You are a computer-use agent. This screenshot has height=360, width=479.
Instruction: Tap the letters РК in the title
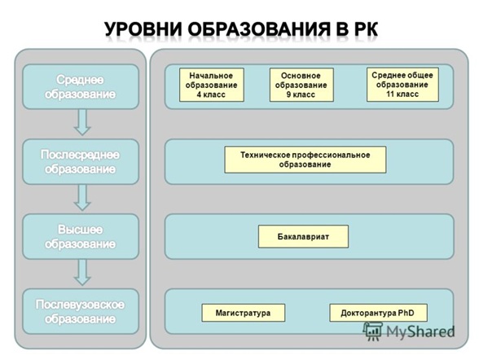pyautogui.click(x=366, y=29)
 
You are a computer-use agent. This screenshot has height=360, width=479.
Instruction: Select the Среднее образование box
pyautogui.click(x=81, y=86)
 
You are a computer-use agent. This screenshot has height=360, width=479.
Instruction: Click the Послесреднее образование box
pyautogui.click(x=81, y=162)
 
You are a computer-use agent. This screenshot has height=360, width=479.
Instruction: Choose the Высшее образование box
pyautogui.click(x=81, y=237)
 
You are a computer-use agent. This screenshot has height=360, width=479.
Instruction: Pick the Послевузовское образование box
pyautogui.click(x=81, y=311)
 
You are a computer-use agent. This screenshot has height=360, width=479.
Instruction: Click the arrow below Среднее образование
pyautogui.click(x=82, y=122)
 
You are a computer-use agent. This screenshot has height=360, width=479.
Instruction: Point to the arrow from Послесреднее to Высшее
pyautogui.click(x=82, y=197)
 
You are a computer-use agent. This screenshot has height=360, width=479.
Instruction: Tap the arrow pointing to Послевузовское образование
pyautogui.click(x=82, y=272)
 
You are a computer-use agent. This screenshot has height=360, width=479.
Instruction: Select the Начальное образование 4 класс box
pyautogui.click(x=212, y=85)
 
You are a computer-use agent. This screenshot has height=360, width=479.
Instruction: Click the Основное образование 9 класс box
pyautogui.click(x=301, y=85)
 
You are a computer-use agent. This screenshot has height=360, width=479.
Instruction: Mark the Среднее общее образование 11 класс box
pyautogui.click(x=402, y=85)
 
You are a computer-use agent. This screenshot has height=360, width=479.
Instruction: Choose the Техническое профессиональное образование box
pyautogui.click(x=305, y=160)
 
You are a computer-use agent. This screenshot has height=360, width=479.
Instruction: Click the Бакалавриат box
pyautogui.click(x=303, y=236)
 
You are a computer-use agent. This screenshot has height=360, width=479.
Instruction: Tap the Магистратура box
pyautogui.click(x=243, y=313)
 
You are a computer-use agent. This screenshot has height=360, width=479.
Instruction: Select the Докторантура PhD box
pyautogui.click(x=378, y=313)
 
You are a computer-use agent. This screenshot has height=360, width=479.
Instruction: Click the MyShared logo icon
pyautogui.click(x=373, y=331)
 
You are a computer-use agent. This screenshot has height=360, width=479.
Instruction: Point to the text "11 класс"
pyautogui.click(x=402, y=94)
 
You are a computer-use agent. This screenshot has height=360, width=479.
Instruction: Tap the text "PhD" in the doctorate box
pyautogui.click(x=406, y=313)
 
